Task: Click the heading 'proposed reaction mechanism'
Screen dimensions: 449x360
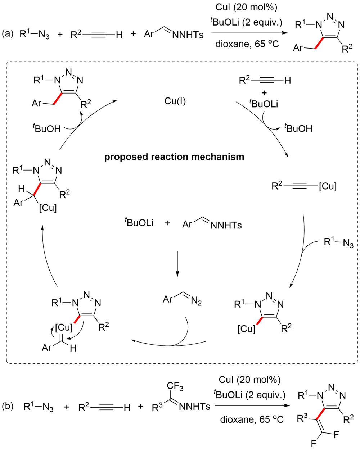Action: (174, 157)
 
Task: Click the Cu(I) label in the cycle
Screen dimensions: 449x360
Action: (175, 101)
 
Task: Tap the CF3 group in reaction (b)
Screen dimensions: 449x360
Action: (176, 387)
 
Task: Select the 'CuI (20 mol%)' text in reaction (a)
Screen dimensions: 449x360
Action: (247, 7)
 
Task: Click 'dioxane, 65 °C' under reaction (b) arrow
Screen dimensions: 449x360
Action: (252, 419)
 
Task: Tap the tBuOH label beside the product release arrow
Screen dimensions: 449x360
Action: (47, 128)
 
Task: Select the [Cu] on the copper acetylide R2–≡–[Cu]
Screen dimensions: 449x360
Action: (327, 186)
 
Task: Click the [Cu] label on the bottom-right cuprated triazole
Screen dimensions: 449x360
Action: (246, 328)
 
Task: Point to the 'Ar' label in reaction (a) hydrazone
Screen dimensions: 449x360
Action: (149, 34)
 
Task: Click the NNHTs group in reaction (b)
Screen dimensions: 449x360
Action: (194, 407)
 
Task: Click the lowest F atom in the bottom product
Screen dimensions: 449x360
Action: (313, 444)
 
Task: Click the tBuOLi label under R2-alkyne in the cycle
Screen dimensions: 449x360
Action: (264, 104)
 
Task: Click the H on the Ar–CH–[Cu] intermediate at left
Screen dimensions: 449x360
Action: (21, 189)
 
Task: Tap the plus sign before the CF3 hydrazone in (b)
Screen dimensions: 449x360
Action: (140, 407)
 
